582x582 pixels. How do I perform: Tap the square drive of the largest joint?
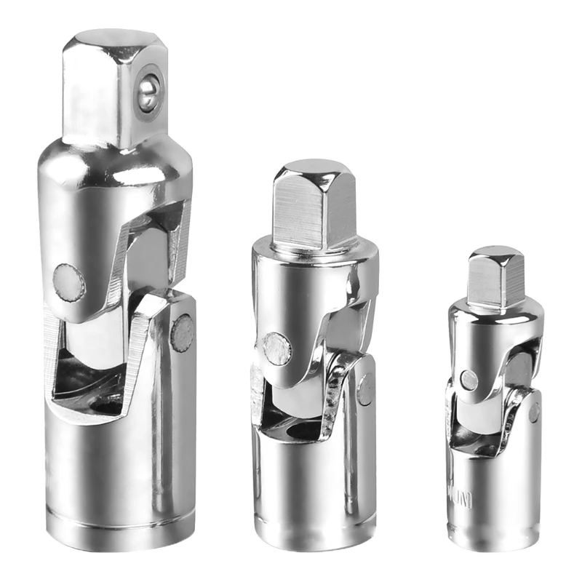(109, 87)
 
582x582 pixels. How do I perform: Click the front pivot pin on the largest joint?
(69, 282)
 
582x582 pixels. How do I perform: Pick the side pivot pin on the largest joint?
(182, 333)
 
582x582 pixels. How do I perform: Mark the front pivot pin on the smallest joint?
(469, 379)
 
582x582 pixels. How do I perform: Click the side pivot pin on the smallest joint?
(535, 412)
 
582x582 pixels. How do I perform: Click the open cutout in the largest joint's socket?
(84, 378)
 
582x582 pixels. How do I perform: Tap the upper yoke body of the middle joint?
(306, 291)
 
